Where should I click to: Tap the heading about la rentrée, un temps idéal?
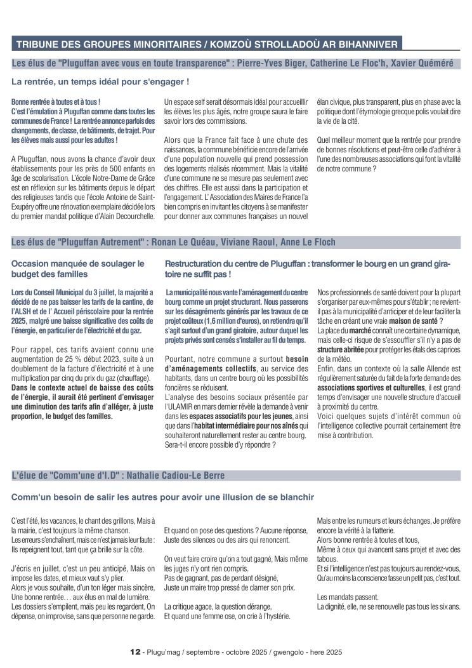pos(100,82)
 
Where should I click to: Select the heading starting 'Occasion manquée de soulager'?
pos(78,263)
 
